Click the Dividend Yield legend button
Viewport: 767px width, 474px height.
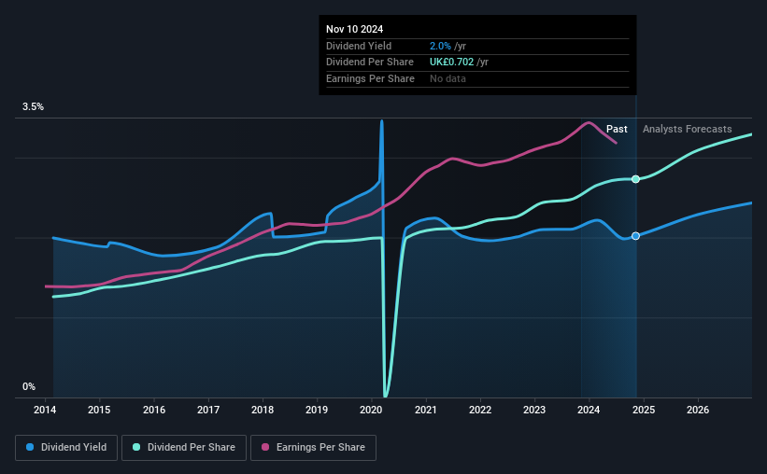point(67,448)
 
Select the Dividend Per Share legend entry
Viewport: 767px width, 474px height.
point(190,448)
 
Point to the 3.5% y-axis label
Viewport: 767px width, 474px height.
point(34,107)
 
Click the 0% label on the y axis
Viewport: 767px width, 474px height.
point(29,386)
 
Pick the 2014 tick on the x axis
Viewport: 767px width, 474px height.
point(46,410)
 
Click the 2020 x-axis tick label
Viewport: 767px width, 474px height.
point(372,410)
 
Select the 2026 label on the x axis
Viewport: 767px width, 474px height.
point(697,410)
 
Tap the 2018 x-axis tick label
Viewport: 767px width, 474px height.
point(263,410)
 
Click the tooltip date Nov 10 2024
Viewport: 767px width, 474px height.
point(355,29)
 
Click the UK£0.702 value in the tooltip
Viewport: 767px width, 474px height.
point(450,62)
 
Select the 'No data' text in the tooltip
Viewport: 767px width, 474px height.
point(447,78)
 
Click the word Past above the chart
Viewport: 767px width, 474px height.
point(617,129)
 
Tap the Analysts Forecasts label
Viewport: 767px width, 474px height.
point(687,129)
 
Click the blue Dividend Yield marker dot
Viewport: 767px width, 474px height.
point(635,236)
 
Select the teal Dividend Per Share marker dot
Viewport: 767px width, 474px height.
point(635,179)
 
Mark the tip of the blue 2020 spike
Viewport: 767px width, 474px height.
point(381,120)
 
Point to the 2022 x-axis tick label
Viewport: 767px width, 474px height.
point(480,410)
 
